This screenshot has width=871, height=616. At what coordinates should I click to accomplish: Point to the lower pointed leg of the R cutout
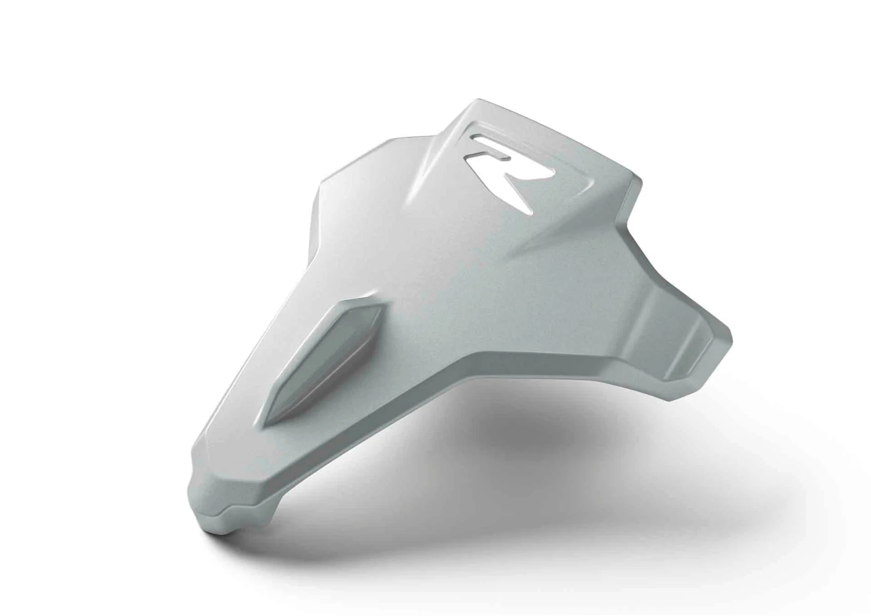point(521,195)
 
